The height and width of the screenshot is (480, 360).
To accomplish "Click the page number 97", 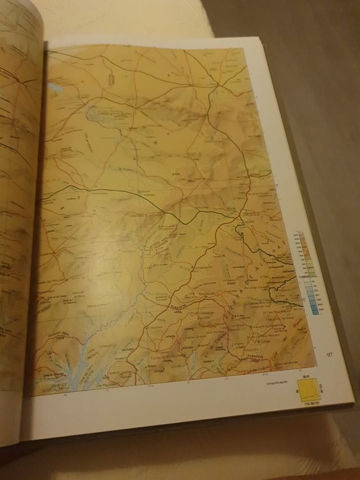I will pos(331,355).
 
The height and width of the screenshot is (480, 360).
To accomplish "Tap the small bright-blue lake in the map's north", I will pos(55,88).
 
